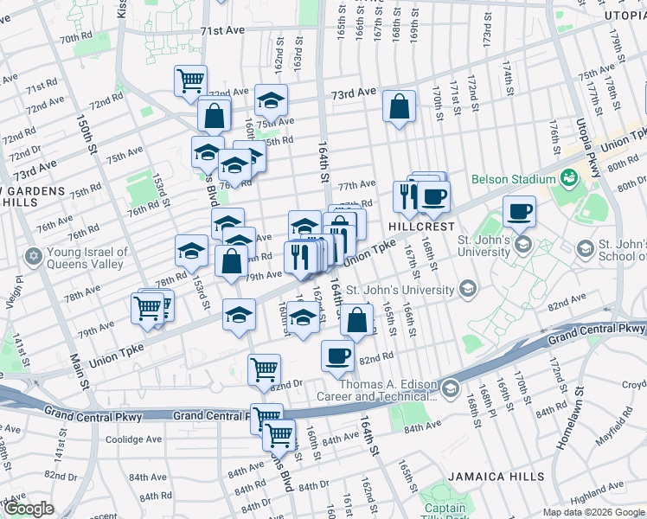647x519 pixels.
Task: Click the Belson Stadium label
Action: pos(513,179)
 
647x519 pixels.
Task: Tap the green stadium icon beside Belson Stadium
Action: pos(568,179)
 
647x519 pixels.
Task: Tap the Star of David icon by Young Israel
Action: pos(33,257)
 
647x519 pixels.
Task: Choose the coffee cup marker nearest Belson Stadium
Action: pos(519,211)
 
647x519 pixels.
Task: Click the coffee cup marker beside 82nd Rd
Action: pos(337,355)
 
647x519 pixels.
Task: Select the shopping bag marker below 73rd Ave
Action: pos(399,107)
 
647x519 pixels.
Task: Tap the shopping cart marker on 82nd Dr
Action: pos(264,369)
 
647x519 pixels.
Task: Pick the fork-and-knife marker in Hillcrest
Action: pos(408,196)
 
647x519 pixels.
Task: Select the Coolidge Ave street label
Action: pos(135,439)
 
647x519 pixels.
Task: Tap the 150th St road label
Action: pos(86,135)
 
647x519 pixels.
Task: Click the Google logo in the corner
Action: pos(29,509)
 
